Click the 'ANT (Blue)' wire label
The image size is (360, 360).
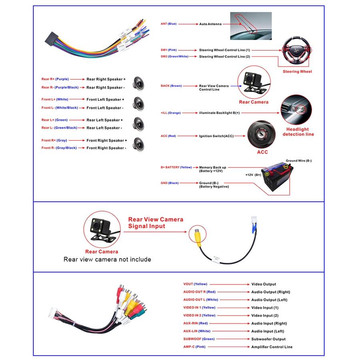pyautogui.click(x=168, y=24)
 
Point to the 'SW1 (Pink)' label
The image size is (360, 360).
pyautogui.click(x=169, y=50)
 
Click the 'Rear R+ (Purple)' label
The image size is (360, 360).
pyautogui.click(x=54, y=79)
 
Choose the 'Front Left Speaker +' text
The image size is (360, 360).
pyautogui.click(x=105, y=100)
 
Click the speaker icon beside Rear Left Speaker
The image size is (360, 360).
pyautogui.click(x=139, y=123)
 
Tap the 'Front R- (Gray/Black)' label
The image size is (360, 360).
pyautogui.click(x=59, y=148)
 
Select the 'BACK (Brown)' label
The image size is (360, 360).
pyautogui.click(x=171, y=86)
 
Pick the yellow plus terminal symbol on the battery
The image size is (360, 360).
pyautogui.click(x=286, y=166)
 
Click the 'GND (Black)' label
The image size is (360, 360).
pyautogui.click(x=170, y=183)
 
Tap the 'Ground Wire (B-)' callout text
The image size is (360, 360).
pyautogui.click(x=298, y=161)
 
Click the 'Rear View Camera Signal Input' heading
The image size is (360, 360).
pyautogui.click(x=156, y=222)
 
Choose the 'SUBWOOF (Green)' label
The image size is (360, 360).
pyautogui.click(x=199, y=339)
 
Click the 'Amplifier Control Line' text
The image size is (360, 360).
pyautogui.click(x=272, y=347)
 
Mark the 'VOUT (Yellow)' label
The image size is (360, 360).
pyautogui.click(x=195, y=284)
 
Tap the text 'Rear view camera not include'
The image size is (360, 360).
pyautogui.click(x=107, y=260)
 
